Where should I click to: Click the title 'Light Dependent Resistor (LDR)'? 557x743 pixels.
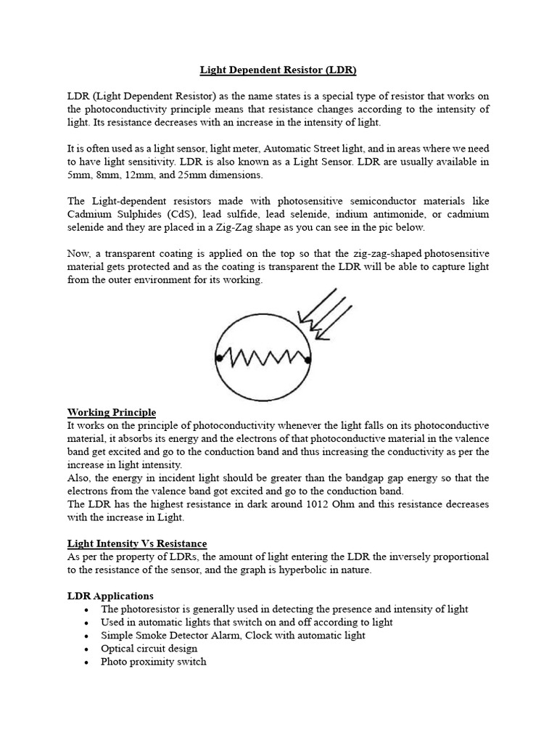278,70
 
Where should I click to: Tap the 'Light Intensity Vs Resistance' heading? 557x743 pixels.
137,543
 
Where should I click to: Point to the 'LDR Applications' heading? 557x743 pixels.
110,596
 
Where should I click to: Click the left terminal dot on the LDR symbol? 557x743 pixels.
217,358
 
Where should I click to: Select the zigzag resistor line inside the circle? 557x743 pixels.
263,357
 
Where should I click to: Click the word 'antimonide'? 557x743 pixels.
403,214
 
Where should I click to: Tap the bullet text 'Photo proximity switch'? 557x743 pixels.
153,661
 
